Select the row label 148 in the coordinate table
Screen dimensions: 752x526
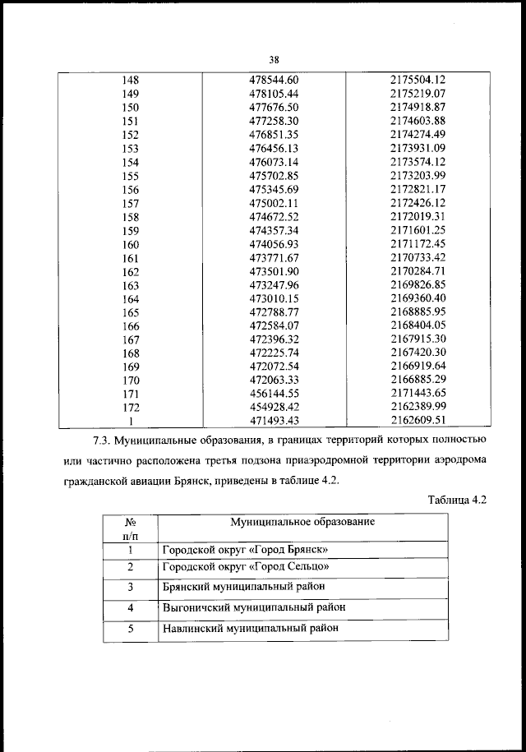[x=130, y=81]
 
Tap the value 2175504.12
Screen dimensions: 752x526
[x=417, y=81]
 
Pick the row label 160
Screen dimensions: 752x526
[x=130, y=245]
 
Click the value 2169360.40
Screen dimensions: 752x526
[x=417, y=299]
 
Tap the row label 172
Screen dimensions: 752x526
[x=130, y=408]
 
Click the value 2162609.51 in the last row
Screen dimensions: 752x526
[x=417, y=422]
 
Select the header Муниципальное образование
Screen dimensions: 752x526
[x=302, y=523]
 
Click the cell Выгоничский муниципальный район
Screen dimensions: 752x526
[x=253, y=607]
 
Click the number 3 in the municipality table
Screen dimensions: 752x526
[x=131, y=588]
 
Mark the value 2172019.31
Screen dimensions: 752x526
[x=417, y=217]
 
